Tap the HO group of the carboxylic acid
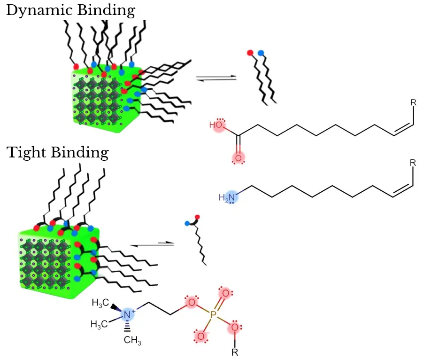(x=216, y=125)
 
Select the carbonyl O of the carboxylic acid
(x=238, y=158)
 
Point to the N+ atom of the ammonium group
(x=127, y=315)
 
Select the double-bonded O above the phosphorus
(x=225, y=294)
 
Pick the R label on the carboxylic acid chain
(x=413, y=102)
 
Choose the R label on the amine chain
(x=413, y=164)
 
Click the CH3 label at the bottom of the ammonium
(x=133, y=342)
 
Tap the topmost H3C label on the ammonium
(x=100, y=303)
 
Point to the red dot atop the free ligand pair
(x=250, y=52)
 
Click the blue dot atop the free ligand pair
(x=261, y=53)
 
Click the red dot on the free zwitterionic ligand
(x=197, y=217)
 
